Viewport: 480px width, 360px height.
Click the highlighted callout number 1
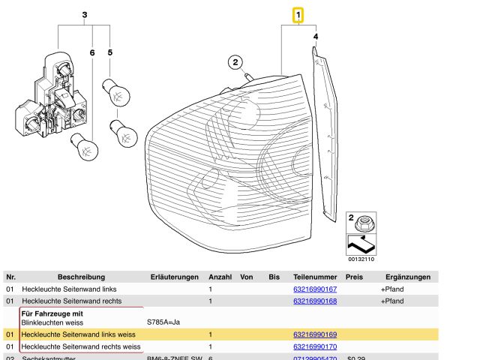coord(298,14)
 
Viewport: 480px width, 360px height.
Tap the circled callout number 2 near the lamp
coord(234,62)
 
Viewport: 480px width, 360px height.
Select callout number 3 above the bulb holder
coord(85,15)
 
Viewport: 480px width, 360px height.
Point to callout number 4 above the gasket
coord(316,36)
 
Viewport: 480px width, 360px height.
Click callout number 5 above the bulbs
coord(110,52)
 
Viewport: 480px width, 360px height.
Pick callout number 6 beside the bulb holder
coord(92,52)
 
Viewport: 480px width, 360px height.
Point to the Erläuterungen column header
coord(174,277)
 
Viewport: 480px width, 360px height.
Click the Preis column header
coord(355,277)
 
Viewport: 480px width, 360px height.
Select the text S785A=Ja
coord(163,322)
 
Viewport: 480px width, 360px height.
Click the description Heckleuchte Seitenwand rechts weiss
coord(81,346)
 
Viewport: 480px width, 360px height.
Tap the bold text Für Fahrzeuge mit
coord(52,313)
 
